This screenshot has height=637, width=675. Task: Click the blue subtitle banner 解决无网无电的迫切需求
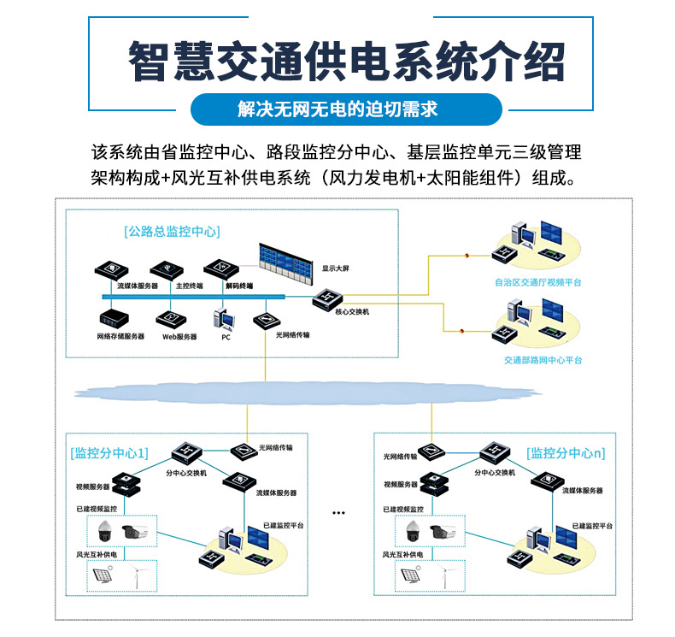[x=337, y=109]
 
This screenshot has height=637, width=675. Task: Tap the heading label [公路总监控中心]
[x=172, y=231]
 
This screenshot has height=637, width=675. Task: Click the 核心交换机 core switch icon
[x=327, y=298]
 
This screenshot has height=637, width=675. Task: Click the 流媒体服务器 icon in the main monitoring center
[x=110, y=270]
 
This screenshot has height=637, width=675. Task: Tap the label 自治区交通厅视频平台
[x=536, y=281]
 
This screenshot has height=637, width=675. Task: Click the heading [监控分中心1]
[x=109, y=452]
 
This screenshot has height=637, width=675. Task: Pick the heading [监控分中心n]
[x=566, y=452]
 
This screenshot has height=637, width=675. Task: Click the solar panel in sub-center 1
[x=108, y=578]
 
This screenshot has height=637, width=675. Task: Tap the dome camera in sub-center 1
[x=107, y=532]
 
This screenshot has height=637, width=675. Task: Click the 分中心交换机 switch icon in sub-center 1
[x=185, y=451]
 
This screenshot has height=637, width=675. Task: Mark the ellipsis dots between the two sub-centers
[x=338, y=513]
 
